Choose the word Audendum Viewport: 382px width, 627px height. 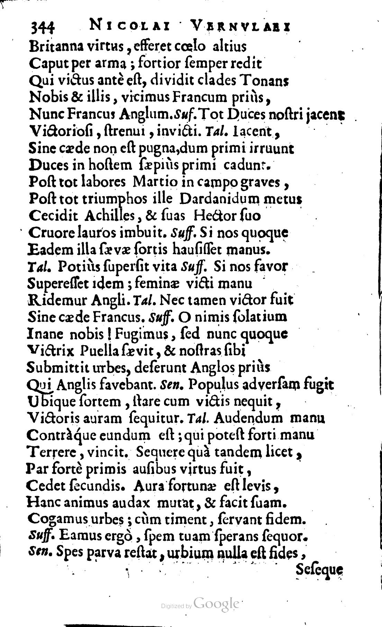tap(248, 419)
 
